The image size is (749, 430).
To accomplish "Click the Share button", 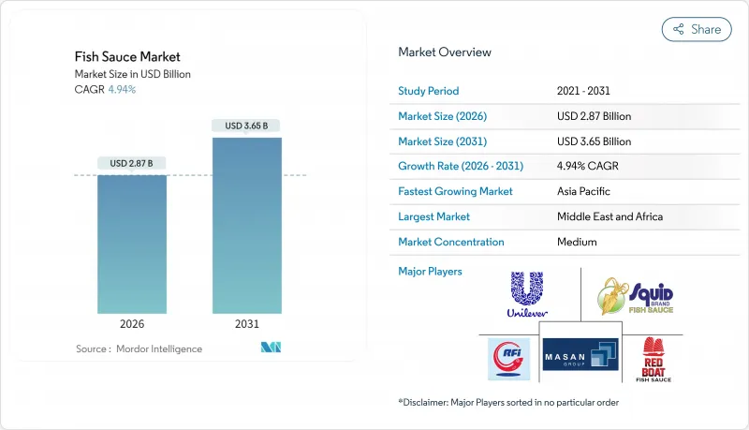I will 697,29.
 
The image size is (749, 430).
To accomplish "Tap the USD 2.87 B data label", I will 132,164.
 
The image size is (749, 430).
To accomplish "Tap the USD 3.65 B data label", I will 247,126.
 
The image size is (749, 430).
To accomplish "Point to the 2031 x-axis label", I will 247,325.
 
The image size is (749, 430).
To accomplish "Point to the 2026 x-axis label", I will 132,325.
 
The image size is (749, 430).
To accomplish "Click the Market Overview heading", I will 444,52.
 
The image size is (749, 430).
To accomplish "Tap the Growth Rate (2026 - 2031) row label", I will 461,166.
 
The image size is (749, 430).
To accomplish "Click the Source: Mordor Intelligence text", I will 139,348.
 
